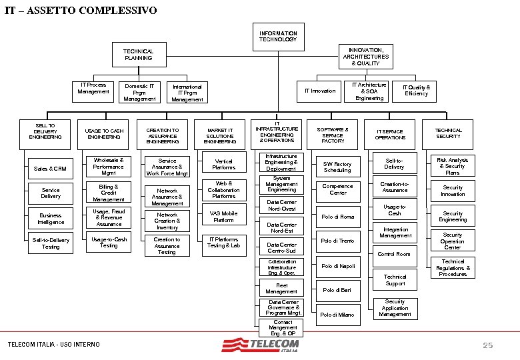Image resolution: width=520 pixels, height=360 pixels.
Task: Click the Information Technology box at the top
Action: (x=278, y=37)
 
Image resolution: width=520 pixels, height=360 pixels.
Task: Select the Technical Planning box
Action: (x=138, y=55)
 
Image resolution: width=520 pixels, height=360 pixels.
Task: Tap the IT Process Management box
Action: (x=93, y=89)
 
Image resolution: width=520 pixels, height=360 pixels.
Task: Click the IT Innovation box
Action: (x=320, y=91)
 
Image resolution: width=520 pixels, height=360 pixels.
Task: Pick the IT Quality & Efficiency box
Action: (x=416, y=91)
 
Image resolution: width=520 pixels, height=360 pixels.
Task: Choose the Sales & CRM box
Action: (x=51, y=169)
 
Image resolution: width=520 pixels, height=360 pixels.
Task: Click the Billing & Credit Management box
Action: (x=109, y=193)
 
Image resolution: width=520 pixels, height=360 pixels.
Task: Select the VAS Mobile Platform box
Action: (x=223, y=217)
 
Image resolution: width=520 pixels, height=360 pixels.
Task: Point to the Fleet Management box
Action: (x=281, y=289)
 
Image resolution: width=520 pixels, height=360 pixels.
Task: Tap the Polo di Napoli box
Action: (x=338, y=266)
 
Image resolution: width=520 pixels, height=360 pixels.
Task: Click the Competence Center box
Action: (x=338, y=189)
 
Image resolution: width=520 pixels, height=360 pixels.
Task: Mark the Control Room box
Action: (x=394, y=254)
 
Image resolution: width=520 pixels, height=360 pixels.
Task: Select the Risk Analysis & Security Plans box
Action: (x=453, y=166)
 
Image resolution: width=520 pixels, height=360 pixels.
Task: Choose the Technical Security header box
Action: (x=448, y=133)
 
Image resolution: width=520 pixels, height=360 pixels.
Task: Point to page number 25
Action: (x=487, y=345)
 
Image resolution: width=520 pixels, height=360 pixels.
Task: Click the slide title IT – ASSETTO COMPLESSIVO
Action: (x=81, y=11)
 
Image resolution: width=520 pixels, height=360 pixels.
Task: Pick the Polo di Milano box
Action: (x=338, y=315)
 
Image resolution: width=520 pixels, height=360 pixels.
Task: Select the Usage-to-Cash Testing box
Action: (x=109, y=242)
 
